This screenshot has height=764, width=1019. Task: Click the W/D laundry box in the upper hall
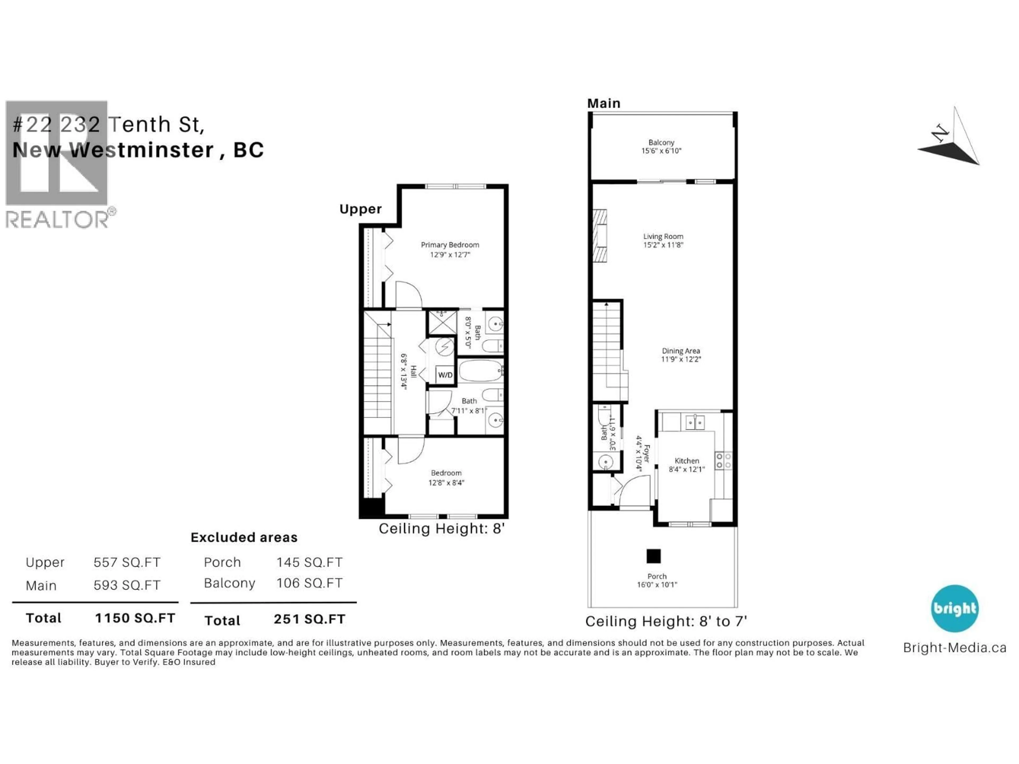tap(445, 375)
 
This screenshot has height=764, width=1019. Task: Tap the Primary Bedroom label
tap(450, 245)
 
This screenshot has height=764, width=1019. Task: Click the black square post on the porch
tap(653, 556)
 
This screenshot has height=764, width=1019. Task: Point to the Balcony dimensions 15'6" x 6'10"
tap(661, 151)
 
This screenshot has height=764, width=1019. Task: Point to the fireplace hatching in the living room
tap(599, 236)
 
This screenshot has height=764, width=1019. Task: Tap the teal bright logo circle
tap(955, 608)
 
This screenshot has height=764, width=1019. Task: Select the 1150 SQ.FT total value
tap(135, 618)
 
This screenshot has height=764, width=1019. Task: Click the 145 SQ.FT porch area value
tap(309, 562)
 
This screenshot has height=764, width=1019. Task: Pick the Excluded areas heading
tap(244, 537)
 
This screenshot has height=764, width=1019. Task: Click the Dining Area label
tap(681, 351)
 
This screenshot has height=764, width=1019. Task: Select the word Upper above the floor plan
tap(360, 209)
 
